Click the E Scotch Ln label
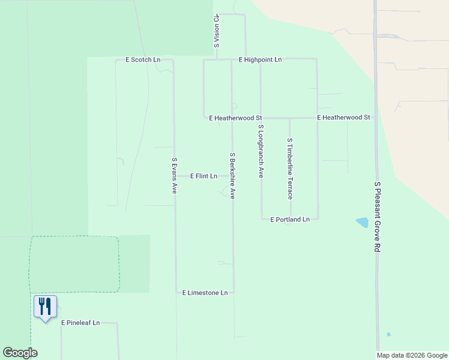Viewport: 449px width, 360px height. pos(143,60)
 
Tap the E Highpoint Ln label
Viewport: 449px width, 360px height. pos(260,60)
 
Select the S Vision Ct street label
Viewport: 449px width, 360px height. pos(216,32)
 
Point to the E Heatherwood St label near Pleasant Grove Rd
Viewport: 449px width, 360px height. pos(343,118)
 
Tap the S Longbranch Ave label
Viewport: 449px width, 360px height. pos(261,152)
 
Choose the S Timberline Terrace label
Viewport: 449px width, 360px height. pos(290,169)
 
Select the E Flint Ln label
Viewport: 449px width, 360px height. pos(203,176)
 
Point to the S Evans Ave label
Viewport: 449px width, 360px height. pos(175,175)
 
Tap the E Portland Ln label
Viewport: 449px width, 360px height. pos(290,220)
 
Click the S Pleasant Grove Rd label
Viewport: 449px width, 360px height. pos(377,217)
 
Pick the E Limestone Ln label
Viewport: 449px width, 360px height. pos(205,293)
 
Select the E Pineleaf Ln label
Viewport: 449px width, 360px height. pos(80,323)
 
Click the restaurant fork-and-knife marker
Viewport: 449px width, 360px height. pos(45,307)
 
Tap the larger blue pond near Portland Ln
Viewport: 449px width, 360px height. pos(362,223)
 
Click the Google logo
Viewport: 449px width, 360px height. pos(20,353)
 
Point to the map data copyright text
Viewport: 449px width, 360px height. pos(412,355)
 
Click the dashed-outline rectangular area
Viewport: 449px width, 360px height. pos(74,264)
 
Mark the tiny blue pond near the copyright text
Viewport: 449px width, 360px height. pos(388,334)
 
